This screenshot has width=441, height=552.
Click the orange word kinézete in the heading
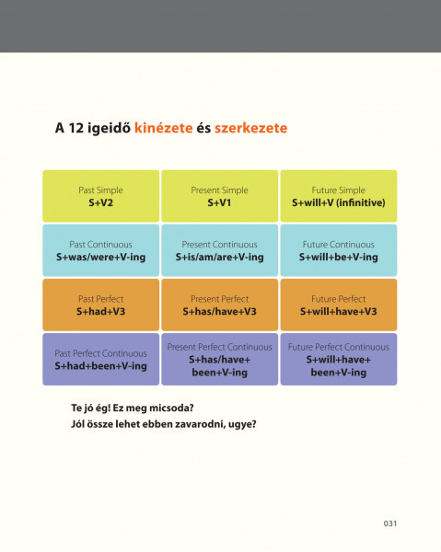164,128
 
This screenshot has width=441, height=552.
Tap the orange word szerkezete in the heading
250,128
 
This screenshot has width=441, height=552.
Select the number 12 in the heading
76,128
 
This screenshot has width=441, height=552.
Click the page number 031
390,523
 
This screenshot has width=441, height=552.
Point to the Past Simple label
100,190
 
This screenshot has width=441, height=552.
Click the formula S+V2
100,202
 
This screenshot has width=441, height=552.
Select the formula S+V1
219,202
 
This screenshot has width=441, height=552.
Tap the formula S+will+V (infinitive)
339,202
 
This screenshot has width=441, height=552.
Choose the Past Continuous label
100,245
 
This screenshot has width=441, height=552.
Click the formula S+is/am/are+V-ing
219,257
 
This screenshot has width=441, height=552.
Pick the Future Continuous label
339,245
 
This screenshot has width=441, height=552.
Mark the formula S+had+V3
100,312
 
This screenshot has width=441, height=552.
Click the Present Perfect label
219,299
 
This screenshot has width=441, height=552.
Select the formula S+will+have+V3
339,312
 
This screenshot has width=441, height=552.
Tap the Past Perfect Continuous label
100,353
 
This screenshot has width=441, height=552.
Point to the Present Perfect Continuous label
219,347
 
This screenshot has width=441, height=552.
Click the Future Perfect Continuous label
339,347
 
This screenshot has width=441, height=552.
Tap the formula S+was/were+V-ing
100,257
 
